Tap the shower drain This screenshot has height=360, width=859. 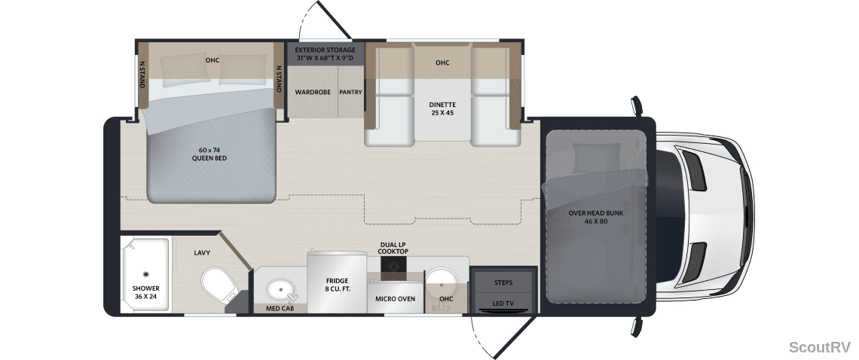tap(145, 274)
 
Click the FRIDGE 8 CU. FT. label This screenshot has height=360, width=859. tap(337, 285)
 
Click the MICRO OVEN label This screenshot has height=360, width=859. tap(395, 299)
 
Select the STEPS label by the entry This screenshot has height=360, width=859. tap(503, 282)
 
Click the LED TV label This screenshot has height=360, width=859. tap(503, 303)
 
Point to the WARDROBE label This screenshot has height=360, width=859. tap(313, 92)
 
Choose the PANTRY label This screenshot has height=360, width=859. tap(350, 92)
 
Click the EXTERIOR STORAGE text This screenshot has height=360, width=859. tap(325, 50)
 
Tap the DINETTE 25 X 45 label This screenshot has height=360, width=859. tap(442, 108)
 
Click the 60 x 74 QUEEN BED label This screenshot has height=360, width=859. tap(209, 154)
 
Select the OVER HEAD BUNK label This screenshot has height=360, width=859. tap(595, 213)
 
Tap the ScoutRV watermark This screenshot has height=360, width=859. tap(820, 347)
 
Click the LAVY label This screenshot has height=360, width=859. tap(202, 253)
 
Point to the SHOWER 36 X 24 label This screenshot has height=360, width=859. tap(145, 292)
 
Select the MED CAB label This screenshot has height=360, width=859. tap(280, 309)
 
